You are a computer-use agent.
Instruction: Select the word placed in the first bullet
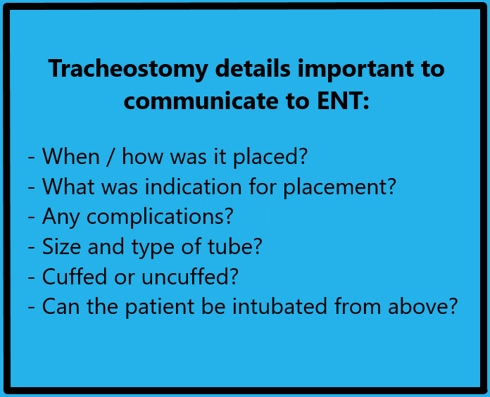275,156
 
